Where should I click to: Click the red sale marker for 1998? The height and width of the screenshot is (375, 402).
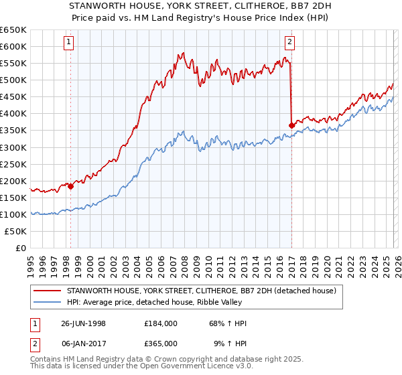pos(71,186)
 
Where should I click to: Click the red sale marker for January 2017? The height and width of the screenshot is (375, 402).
pos(291,125)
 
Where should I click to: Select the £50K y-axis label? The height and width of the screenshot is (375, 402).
pos(16,231)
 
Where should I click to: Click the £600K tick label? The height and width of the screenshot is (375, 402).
pos(13,46)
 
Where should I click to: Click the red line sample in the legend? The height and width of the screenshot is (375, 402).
pos(48,291)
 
